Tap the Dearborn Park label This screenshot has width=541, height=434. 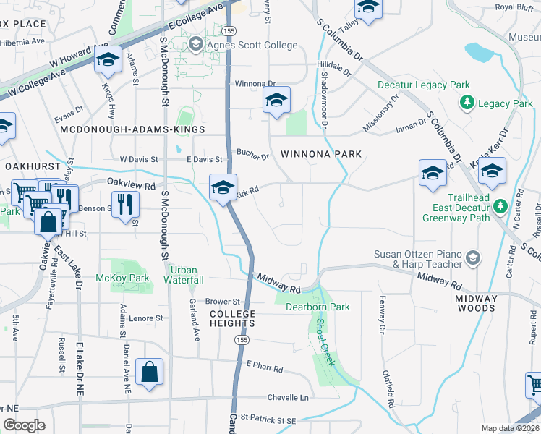[x=318, y=307]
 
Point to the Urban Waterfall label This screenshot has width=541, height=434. [x=184, y=275]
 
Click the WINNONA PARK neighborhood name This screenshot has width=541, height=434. [x=320, y=154]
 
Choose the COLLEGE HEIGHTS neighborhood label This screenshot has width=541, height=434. [x=233, y=319]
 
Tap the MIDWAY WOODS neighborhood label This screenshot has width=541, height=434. [x=477, y=303]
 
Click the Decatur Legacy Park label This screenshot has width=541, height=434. [x=424, y=85]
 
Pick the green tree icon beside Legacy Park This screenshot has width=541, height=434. [x=467, y=104]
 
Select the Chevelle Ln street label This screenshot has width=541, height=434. [x=288, y=397]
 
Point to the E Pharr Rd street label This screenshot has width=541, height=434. [x=264, y=367]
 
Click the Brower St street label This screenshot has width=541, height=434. [x=222, y=301]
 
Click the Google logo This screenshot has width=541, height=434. [x=25, y=425]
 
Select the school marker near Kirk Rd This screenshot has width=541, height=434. [x=223, y=187]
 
